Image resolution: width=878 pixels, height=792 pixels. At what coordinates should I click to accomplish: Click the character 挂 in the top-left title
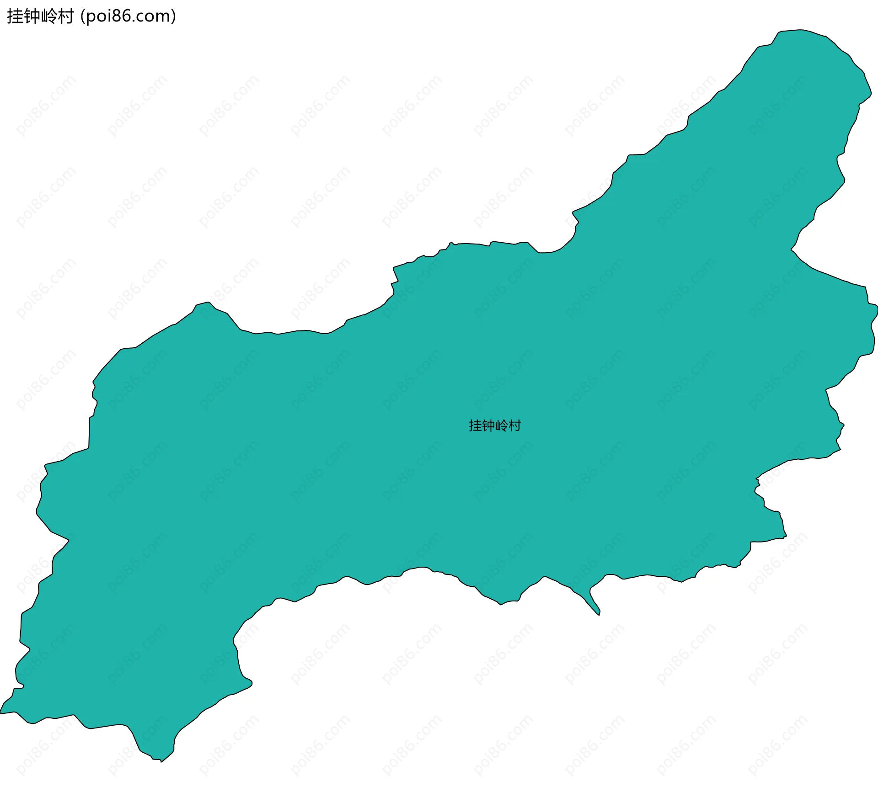15,16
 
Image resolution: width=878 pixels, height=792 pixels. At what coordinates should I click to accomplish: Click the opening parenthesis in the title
82,16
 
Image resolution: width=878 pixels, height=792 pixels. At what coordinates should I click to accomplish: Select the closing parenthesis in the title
173,16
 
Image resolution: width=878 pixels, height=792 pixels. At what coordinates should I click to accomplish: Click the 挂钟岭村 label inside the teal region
495,426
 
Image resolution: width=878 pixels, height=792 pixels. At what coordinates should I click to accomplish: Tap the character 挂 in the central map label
475,426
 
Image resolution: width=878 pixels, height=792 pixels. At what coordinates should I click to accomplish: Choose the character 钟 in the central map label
488,426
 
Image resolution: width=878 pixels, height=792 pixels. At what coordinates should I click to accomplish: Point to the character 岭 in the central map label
502,426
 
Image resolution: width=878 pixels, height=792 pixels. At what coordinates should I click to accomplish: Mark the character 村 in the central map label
515,426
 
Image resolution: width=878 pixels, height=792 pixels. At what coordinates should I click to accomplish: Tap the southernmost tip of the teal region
161,761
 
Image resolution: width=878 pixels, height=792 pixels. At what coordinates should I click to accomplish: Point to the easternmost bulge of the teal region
876,311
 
